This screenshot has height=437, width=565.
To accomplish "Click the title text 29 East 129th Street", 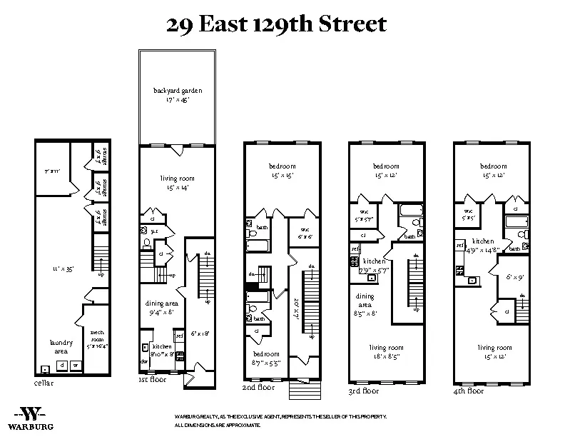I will pos(276,24).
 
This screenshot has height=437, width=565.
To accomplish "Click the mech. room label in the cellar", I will pos(96,336).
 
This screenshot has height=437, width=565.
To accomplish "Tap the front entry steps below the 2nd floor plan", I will pos(300,389).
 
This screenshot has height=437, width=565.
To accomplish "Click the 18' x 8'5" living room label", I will pos(386,351).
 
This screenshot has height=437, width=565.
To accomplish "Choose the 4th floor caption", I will pos(468,391).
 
